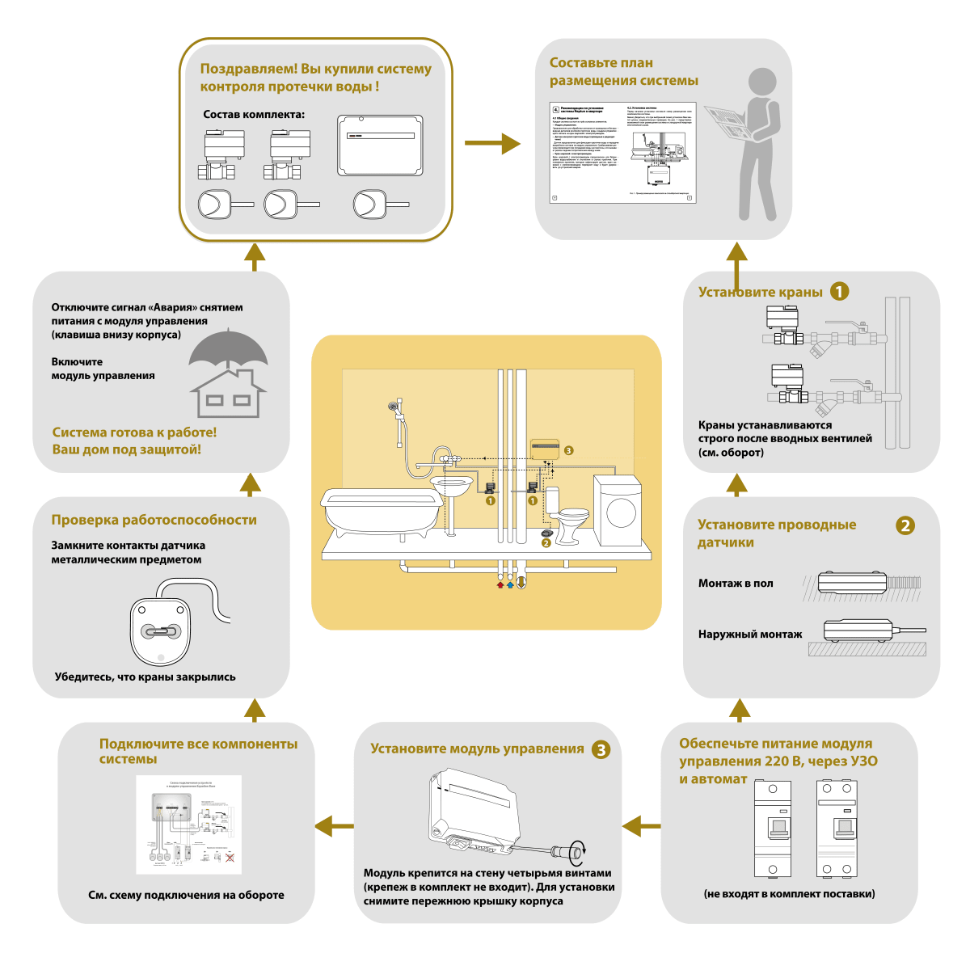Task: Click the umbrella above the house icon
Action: click(x=228, y=351)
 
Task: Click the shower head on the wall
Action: click(x=393, y=407)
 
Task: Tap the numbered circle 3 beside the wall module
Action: click(x=569, y=450)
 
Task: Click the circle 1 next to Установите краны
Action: click(x=840, y=292)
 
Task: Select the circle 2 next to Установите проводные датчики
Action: click(x=905, y=525)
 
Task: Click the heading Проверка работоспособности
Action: click(x=154, y=520)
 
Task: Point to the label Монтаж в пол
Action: click(x=736, y=583)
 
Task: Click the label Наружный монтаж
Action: click(x=750, y=635)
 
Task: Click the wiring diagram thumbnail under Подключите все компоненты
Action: click(x=188, y=824)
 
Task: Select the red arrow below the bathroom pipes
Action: click(x=500, y=584)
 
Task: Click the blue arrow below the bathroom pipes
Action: click(x=510, y=584)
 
